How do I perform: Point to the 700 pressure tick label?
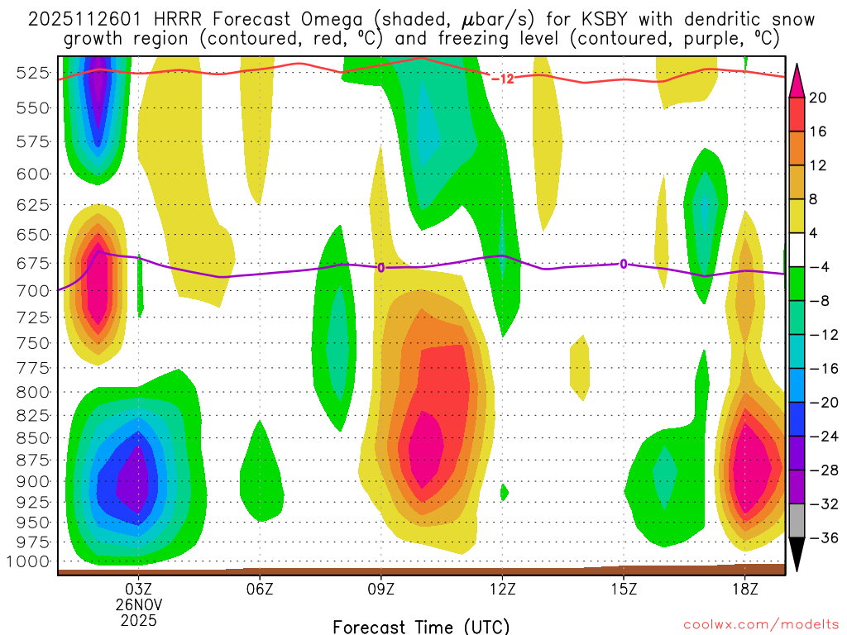tap(32, 291)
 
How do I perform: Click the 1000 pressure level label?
tap(29, 561)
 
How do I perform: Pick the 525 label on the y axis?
tap(32, 73)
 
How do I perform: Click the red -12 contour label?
tap(502, 79)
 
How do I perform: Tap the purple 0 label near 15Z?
tap(623, 264)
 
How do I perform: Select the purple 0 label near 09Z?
tap(380, 267)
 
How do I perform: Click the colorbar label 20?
tap(818, 98)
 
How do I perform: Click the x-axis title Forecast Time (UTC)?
tap(421, 626)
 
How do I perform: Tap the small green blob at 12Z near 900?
tap(504, 493)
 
